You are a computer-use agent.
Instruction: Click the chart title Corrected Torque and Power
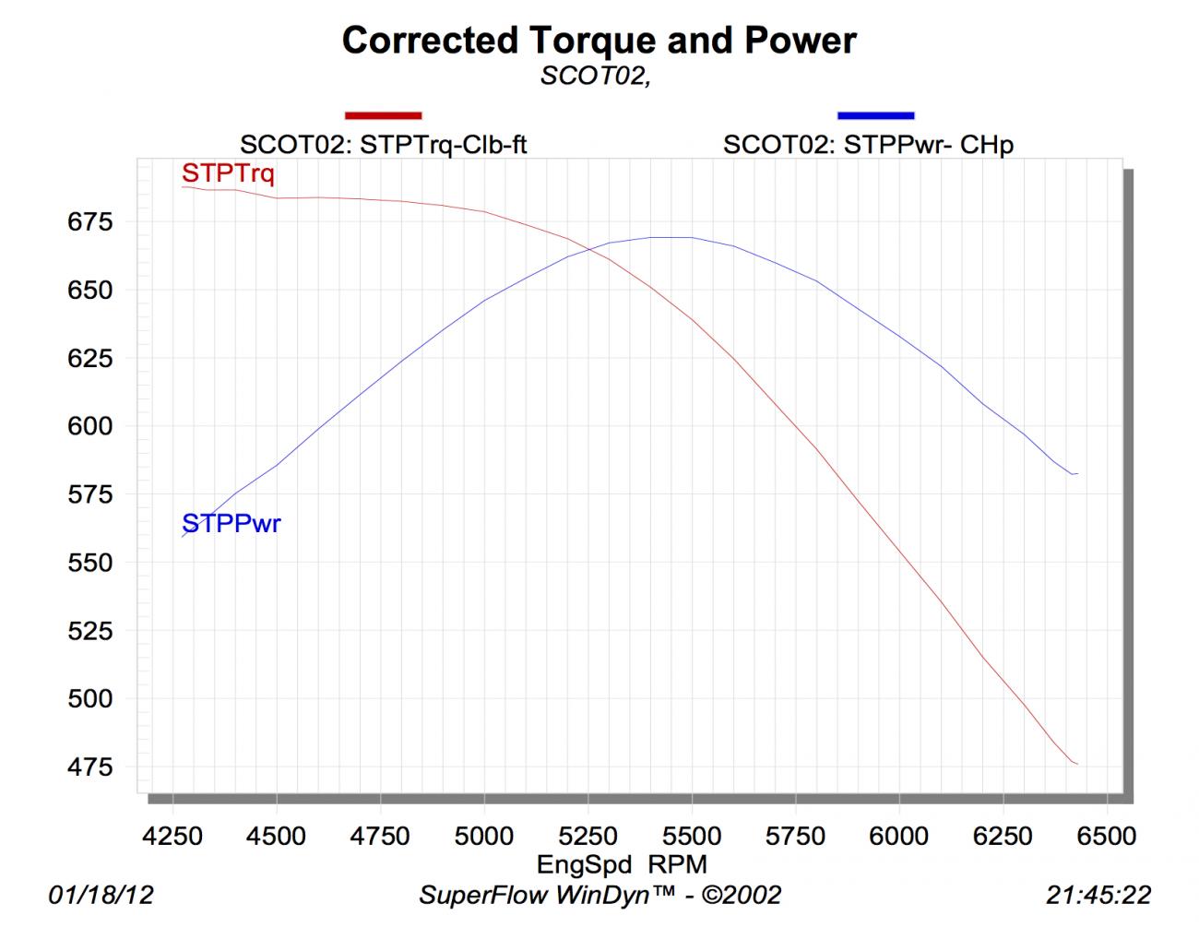[x=599, y=41]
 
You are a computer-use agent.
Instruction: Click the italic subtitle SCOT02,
[x=596, y=77]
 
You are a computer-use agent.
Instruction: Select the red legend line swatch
[x=383, y=115]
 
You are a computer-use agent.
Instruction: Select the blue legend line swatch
[x=875, y=115]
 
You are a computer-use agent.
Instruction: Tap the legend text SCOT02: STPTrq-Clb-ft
[x=383, y=144]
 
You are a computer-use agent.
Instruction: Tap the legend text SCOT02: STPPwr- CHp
[x=868, y=144]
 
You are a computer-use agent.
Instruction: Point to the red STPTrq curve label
[x=228, y=172]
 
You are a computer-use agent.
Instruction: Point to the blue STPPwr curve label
[x=231, y=524]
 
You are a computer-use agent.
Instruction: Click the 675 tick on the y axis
[x=89, y=221]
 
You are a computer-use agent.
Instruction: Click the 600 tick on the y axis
[x=89, y=426]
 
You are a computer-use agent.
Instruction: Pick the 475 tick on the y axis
[x=89, y=767]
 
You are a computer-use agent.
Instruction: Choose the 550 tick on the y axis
[x=89, y=563]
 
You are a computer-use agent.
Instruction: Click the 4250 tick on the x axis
[x=173, y=836]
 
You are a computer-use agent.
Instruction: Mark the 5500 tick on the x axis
[x=692, y=836]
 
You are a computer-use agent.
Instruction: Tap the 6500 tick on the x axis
[x=1106, y=836]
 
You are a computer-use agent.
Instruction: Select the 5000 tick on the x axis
[x=484, y=836]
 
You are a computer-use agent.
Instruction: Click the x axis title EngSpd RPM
[x=622, y=864]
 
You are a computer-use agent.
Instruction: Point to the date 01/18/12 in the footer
[x=101, y=894]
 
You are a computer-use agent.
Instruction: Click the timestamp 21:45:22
[x=1098, y=894]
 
